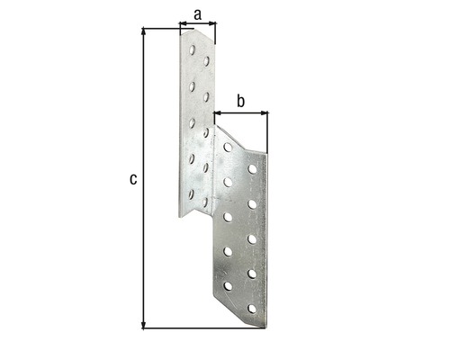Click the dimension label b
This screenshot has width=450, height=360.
(x=240, y=101)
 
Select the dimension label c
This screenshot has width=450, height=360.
(x=133, y=179)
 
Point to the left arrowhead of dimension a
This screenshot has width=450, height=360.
(x=183, y=27)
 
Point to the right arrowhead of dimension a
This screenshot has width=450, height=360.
(x=214, y=27)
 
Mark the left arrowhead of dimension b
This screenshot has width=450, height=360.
(x=216, y=114)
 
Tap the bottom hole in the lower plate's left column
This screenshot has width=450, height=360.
(x=228, y=285)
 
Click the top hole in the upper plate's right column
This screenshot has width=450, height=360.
(x=207, y=61)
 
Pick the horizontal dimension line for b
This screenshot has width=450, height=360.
(x=240, y=114)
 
